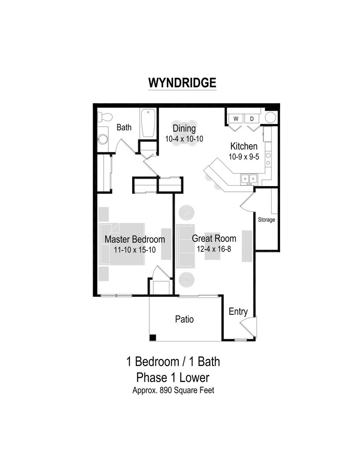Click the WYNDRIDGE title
tap(182, 83)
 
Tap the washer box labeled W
tap(236, 118)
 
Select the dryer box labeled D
tap(252, 118)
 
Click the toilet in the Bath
tap(104, 117)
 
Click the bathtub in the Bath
tap(147, 123)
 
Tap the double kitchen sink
tap(248, 178)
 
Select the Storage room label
tap(266, 219)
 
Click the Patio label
tap(184, 320)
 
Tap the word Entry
tap(238, 312)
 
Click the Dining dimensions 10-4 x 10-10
tap(184, 139)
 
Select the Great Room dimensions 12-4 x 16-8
tap(214, 249)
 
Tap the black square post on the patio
tap(152, 337)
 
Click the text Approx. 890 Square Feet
tap(173, 390)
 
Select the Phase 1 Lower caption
tap(173, 377)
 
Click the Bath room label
tap(124, 128)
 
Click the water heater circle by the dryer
tap(271, 118)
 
